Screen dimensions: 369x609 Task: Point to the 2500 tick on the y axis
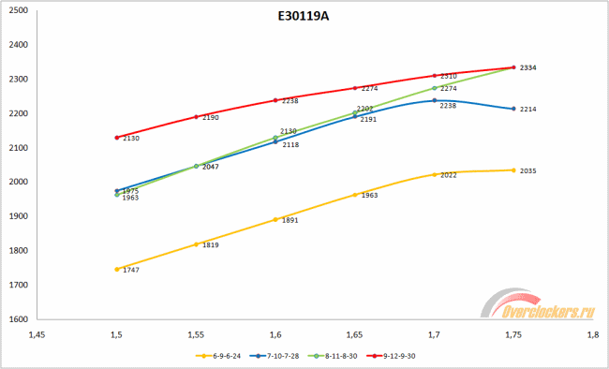pos(17,10)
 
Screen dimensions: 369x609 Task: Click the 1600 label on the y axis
pos(17,319)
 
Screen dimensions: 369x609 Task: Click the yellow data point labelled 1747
pos(116,269)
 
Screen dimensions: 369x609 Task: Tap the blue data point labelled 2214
pos(513,109)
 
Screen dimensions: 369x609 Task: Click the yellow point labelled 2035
pos(513,170)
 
